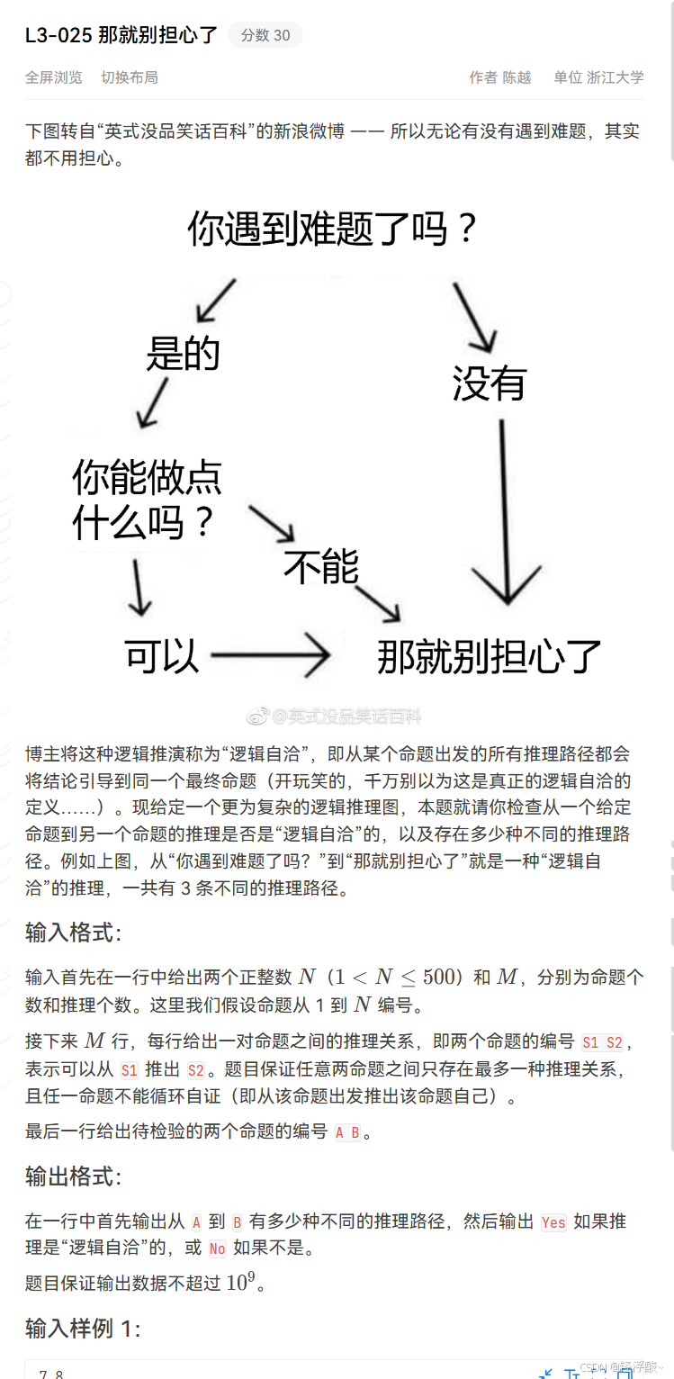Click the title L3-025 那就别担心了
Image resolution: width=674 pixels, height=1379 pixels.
coord(121,35)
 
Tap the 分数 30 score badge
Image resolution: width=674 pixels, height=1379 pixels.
coord(265,35)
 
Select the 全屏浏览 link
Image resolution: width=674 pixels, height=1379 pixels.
coord(54,77)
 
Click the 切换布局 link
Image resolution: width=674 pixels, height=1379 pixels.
coord(130,77)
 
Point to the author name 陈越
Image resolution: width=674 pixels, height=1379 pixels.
coord(517,77)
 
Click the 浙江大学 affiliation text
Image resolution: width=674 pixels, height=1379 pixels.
coord(616,77)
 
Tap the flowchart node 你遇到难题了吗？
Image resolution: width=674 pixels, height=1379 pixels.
coord(332,230)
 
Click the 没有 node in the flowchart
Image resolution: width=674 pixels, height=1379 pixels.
coord(489,384)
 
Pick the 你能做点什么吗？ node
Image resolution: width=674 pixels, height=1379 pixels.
coord(147,500)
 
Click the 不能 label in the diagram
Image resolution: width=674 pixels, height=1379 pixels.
coord(321,566)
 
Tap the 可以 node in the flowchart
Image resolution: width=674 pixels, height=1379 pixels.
coord(162,657)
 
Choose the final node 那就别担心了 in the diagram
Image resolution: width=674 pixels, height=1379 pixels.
coord(489,657)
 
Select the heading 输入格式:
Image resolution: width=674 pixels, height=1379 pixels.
coord(73,932)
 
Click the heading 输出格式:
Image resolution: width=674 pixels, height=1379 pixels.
coord(73,1176)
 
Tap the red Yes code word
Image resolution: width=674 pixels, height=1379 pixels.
coord(553,1221)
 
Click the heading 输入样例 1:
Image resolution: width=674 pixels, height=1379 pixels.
coord(83,1328)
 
